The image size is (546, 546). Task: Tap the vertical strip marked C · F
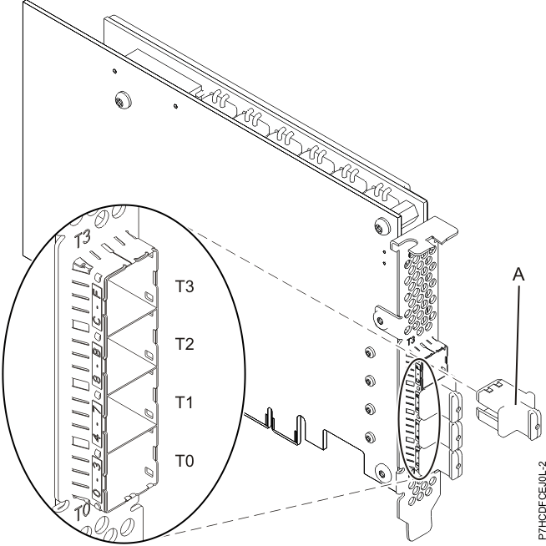click(97, 296)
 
